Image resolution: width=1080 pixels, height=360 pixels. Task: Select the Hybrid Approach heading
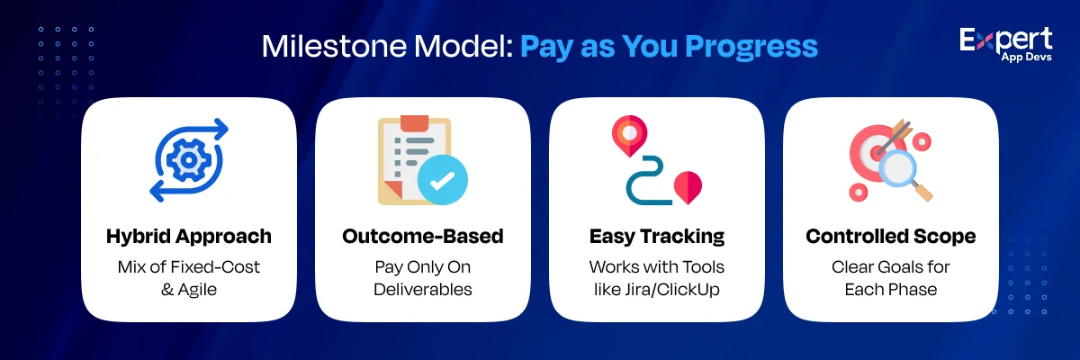[189, 237]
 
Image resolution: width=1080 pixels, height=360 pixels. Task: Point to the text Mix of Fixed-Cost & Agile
[189, 277]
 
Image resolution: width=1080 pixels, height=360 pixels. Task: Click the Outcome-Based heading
[423, 237]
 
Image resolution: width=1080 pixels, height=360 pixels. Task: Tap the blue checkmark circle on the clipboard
[442, 180]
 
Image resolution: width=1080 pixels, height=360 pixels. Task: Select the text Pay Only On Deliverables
[423, 277]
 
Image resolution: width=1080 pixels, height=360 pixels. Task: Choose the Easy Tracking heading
[657, 237]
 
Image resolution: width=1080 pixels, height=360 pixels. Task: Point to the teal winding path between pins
[646, 180]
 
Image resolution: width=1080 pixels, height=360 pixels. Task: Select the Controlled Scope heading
[891, 237]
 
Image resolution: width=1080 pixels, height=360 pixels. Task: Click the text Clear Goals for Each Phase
[891, 277]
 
